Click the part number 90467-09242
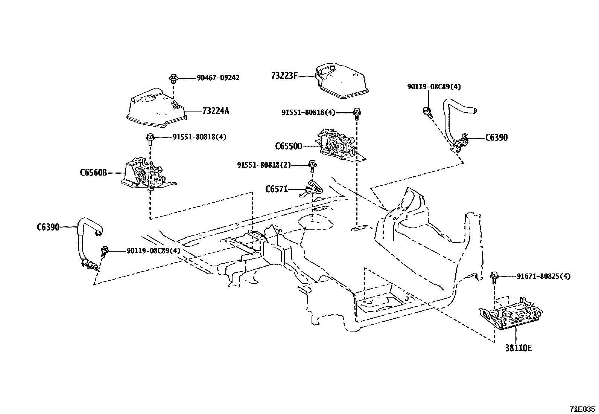coord(218,78)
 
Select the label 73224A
coord(215,111)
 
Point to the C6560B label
coord(93,173)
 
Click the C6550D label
coord(289,146)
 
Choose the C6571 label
coord(277,189)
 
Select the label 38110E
coord(518,348)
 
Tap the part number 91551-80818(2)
coord(264,165)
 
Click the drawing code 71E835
coord(582,408)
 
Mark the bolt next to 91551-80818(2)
coord(312,165)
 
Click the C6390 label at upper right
coord(496,137)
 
